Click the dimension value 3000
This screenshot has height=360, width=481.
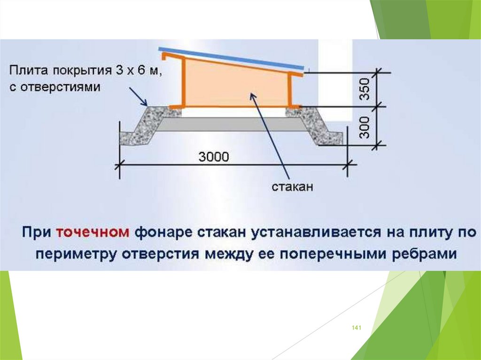tap(214, 157)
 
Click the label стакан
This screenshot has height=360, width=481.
tap(292, 187)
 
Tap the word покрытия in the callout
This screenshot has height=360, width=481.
tap(80, 72)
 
